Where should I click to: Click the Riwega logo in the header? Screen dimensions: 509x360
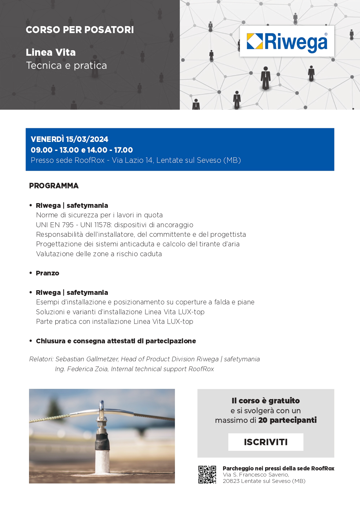click(x=287, y=41)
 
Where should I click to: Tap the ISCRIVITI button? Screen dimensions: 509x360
click(x=266, y=442)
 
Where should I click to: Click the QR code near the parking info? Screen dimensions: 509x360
click(x=207, y=474)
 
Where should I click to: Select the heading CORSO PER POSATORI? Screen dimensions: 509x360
click(x=80, y=30)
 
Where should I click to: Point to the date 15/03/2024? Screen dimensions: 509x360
click(x=87, y=139)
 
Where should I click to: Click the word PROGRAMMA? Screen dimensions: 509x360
click(x=54, y=186)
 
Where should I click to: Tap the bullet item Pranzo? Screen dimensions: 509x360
click(x=48, y=273)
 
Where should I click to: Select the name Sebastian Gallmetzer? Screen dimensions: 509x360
click(x=87, y=359)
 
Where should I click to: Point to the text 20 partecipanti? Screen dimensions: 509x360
click(x=287, y=420)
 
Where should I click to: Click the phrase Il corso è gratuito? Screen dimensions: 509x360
click(x=266, y=401)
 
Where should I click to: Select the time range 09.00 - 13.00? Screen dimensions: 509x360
click(x=55, y=150)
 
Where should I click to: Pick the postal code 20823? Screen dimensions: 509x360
click(x=231, y=481)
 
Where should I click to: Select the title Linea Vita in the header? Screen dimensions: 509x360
click(x=51, y=53)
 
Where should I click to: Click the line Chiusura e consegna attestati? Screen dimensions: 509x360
click(x=116, y=341)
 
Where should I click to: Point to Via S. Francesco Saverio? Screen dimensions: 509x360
click(x=256, y=475)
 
